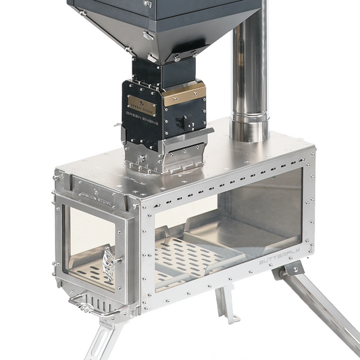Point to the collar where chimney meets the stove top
(x=250, y=128)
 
